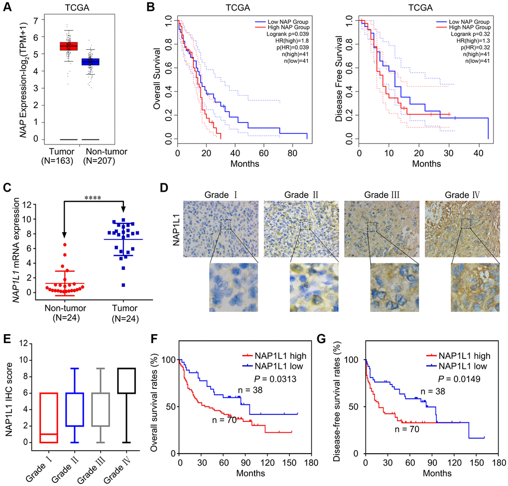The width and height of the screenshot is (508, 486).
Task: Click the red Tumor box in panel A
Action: click(69, 46)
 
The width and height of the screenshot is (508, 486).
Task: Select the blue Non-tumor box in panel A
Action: click(91, 62)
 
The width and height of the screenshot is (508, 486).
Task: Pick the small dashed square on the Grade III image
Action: click(373, 227)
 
